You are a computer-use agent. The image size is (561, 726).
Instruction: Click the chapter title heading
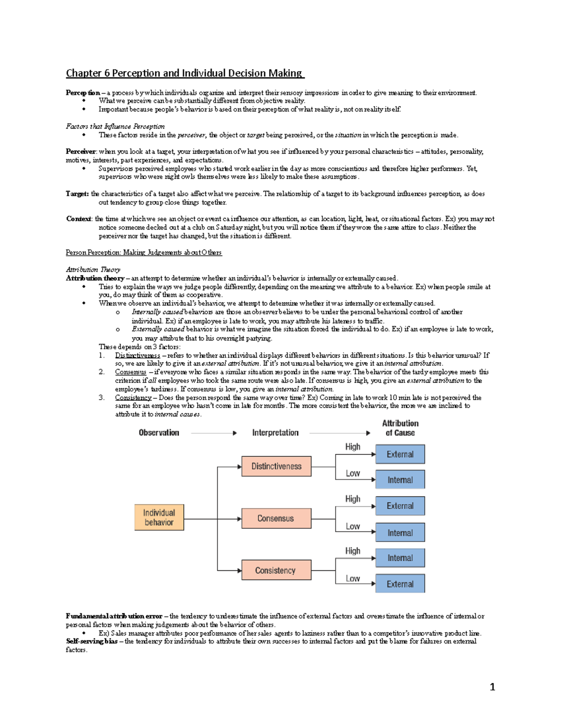(185, 73)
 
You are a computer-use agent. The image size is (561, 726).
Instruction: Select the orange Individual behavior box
(159, 518)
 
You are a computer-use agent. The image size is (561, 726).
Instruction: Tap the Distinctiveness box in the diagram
(276, 467)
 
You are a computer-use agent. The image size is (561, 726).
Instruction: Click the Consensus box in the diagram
(276, 518)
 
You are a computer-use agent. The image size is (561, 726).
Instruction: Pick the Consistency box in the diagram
(276, 570)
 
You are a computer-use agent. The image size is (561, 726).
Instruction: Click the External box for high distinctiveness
(400, 454)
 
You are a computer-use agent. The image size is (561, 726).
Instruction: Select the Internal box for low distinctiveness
(400, 480)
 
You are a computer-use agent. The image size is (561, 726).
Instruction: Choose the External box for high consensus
(400, 506)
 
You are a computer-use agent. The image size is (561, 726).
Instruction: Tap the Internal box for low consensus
(400, 533)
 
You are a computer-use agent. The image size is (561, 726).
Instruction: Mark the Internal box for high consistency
(400, 558)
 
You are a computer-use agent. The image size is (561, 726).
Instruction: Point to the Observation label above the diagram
(159, 433)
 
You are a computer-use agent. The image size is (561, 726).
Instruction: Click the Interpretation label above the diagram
(275, 433)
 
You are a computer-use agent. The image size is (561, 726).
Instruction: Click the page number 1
(492, 687)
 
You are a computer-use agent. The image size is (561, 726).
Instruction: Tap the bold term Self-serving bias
(92, 641)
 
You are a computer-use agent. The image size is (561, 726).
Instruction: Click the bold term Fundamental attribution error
(114, 616)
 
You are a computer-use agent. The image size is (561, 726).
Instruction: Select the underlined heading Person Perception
(144, 253)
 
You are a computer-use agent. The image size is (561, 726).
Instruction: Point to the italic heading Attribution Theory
(93, 270)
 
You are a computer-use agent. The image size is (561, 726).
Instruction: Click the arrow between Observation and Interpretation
(214, 433)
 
